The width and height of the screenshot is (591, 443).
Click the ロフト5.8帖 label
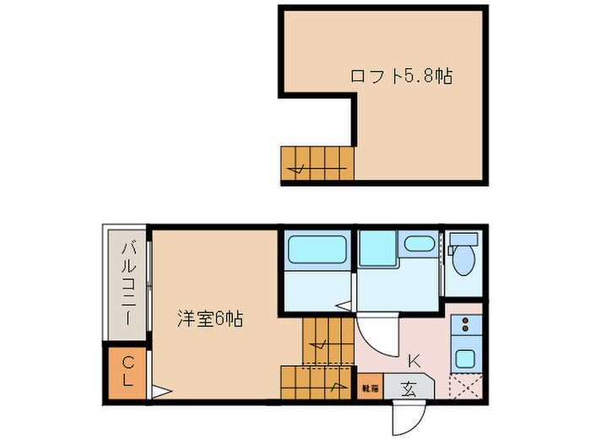[x=401, y=76]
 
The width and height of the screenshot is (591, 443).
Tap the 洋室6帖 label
[x=210, y=319]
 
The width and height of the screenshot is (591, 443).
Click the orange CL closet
[x=127, y=372]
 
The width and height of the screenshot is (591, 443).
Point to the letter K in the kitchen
[x=414, y=361]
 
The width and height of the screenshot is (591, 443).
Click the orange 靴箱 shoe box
[x=369, y=388]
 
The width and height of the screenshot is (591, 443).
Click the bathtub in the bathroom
[x=317, y=250]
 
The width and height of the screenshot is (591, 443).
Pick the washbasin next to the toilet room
[x=418, y=245]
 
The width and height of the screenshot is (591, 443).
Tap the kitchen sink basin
[x=465, y=358]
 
